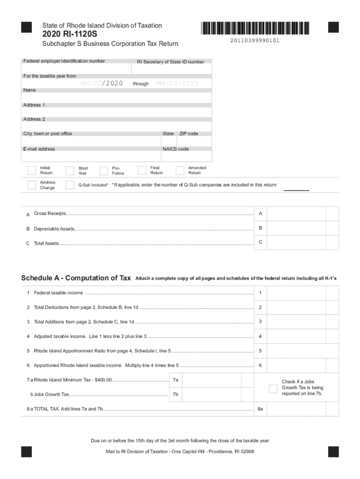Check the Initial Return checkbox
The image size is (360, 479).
tap(32, 170)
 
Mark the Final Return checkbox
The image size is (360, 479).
tap(142, 170)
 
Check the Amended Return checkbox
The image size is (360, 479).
tap(180, 170)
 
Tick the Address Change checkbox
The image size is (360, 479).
tap(32, 185)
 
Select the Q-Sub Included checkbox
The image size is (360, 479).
tap(70, 185)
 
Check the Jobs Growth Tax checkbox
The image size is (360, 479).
tap(274, 388)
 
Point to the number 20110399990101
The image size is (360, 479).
tap(255, 41)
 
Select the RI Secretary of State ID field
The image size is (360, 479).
tap(171, 70)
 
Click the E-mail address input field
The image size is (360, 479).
tap(92, 157)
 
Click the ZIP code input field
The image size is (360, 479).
tap(194, 142)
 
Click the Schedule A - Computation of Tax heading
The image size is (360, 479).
tap(76, 278)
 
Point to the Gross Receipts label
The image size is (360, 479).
tap(50, 214)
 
